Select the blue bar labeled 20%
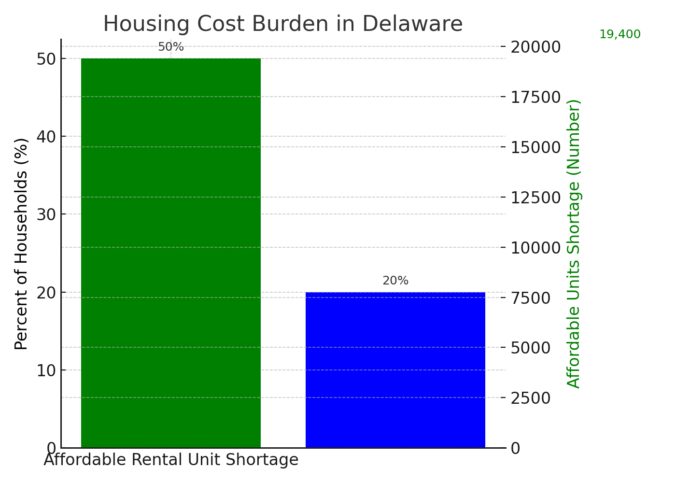[395, 370]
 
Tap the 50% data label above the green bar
[171, 47]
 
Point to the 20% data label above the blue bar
[395, 281]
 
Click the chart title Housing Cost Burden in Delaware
[283, 24]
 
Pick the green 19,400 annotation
[620, 35]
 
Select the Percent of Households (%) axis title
[21, 244]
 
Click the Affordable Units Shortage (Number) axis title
[574, 244]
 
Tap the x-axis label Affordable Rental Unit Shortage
[171, 460]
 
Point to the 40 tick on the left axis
[46, 137]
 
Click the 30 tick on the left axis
[46, 214]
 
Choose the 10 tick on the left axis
[46, 370]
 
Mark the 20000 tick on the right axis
[535, 47]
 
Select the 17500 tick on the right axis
[535, 97]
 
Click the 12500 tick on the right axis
[535, 198]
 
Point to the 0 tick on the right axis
[516, 449]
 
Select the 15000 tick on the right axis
[535, 147]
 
